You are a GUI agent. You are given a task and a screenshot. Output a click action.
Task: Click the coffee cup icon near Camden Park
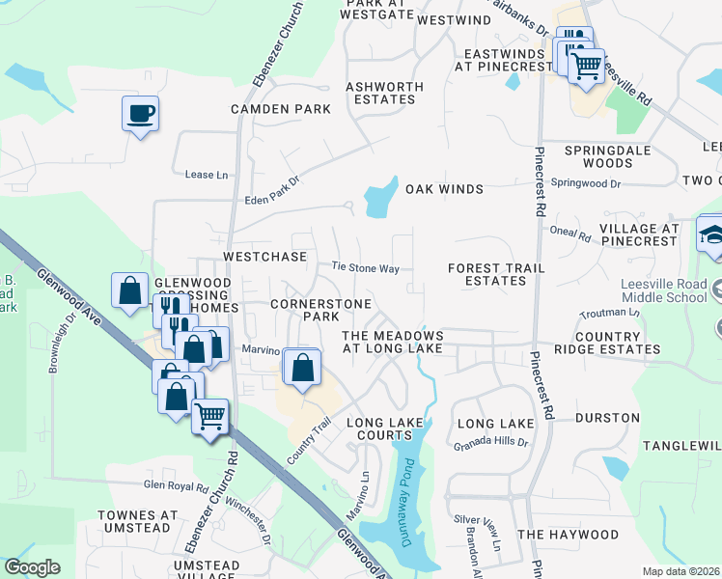[140, 114]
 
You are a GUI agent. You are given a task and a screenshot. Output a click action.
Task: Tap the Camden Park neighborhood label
[281, 109]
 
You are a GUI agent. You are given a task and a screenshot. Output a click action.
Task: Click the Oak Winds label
[444, 189]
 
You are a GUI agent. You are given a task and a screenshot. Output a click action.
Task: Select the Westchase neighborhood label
[264, 258]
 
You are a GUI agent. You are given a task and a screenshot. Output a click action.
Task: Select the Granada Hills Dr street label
[491, 443]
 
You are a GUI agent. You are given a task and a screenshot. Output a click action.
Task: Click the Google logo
[32, 567]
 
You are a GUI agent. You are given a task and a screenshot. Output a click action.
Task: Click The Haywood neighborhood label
[568, 534]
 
